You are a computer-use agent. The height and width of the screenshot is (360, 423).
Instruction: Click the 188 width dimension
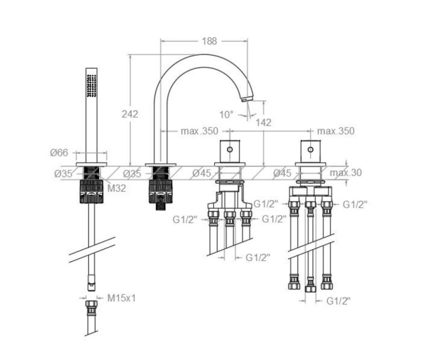pyautogui.click(x=209, y=41)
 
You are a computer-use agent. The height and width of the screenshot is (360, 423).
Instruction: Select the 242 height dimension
pyautogui.click(x=130, y=114)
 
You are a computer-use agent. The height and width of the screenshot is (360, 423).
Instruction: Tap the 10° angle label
pyautogui.click(x=226, y=115)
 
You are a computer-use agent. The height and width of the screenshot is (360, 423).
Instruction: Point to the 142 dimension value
pyautogui.click(x=264, y=122)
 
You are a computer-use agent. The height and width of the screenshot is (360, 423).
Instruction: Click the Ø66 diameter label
pyautogui.click(x=59, y=153)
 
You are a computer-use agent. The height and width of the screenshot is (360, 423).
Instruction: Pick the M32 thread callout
pyautogui.click(x=117, y=188)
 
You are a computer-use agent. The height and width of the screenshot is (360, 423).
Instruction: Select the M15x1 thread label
pyautogui.click(x=122, y=298)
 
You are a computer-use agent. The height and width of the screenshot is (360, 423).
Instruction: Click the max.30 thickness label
pyautogui.click(x=345, y=173)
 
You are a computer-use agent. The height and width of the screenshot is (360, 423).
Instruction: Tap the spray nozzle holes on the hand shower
pyautogui.click(x=91, y=85)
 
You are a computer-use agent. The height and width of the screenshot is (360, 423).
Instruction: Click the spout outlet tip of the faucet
pyautogui.click(x=245, y=100)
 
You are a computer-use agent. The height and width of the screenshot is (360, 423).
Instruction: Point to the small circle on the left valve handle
pyautogui.click(x=230, y=149)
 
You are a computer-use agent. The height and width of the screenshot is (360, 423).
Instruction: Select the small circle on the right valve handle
pyautogui.click(x=311, y=149)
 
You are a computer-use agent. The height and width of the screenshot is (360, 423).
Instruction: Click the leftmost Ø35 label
pyautogui.click(x=63, y=174)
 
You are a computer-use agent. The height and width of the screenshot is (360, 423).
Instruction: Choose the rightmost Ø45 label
pyautogui.click(x=282, y=173)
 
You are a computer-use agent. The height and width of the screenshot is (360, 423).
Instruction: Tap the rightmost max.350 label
pyautogui.click(x=335, y=131)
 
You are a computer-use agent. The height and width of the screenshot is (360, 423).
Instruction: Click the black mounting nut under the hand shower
pyautogui.click(x=91, y=192)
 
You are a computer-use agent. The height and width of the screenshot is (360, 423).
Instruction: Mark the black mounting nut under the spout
pyautogui.click(x=161, y=192)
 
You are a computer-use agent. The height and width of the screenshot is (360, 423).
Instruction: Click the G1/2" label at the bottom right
pyautogui.click(x=339, y=301)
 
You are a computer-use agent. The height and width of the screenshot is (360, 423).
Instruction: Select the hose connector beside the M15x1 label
pyautogui.click(x=91, y=308)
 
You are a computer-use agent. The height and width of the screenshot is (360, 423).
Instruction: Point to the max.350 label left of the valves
pyautogui.click(x=199, y=131)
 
